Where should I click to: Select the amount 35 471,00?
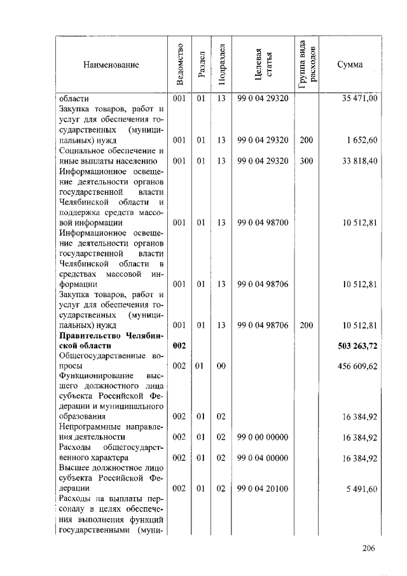click(359, 99)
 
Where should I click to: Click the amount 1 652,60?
click(363, 140)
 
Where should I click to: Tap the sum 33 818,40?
click(359, 161)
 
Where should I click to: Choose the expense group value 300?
click(307, 161)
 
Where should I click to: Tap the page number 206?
click(369, 549)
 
